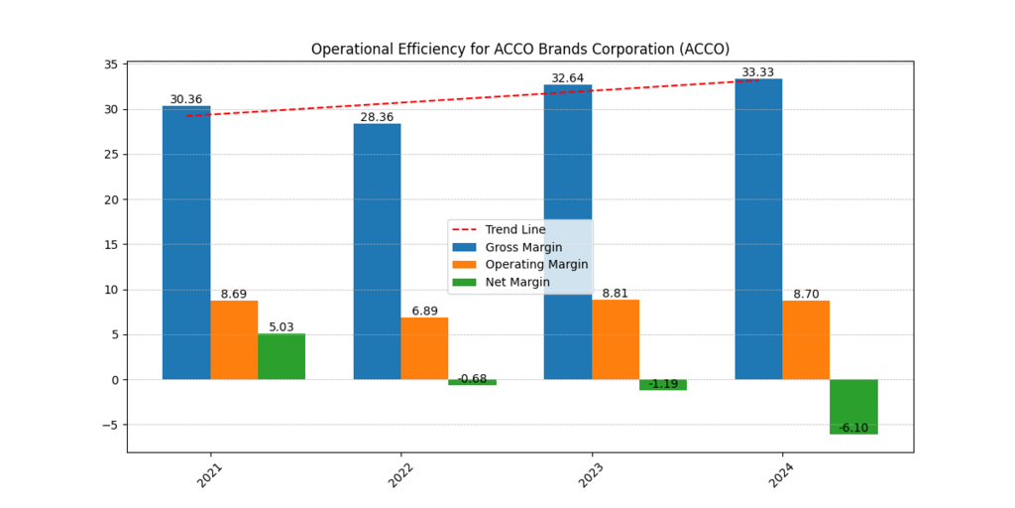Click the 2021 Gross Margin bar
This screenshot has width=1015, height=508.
click(x=186, y=243)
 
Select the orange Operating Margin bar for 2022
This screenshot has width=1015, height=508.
click(x=424, y=348)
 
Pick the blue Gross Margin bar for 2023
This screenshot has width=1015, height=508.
click(x=567, y=232)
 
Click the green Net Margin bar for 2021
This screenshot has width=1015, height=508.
click(x=282, y=357)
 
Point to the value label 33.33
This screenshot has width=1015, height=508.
click(x=758, y=72)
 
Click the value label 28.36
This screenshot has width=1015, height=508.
click(x=377, y=117)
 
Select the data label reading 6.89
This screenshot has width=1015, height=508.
click(x=424, y=311)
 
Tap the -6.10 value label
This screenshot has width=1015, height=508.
click(x=853, y=428)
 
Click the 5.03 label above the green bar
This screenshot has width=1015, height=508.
click(x=282, y=327)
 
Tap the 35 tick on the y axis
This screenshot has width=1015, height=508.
click(x=110, y=64)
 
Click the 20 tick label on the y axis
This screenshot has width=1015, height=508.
click(x=110, y=199)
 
